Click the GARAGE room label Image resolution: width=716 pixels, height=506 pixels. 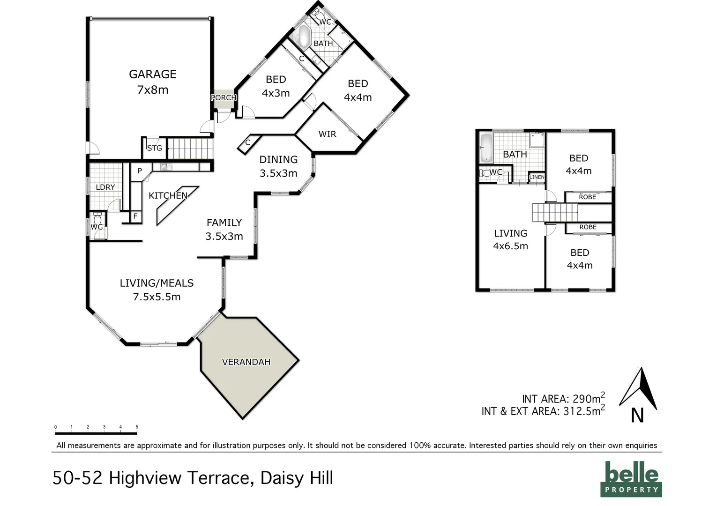pyautogui.click(x=153, y=74)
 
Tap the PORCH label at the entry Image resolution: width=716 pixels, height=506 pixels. pyautogui.click(x=224, y=97)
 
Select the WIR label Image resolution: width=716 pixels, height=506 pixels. pyautogui.click(x=327, y=134)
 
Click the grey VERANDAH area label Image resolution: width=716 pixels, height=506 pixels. pyautogui.click(x=246, y=362)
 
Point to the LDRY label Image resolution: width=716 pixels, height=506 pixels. pyautogui.click(x=105, y=187)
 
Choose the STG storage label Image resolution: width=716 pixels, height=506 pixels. pyautogui.click(x=154, y=148)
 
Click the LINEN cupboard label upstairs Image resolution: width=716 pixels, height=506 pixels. pyautogui.click(x=537, y=177)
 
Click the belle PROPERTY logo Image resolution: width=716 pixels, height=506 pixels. pyautogui.click(x=631, y=479)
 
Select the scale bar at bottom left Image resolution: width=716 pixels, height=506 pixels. pyautogui.click(x=96, y=433)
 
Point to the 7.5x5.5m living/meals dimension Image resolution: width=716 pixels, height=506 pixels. pyautogui.click(x=157, y=297)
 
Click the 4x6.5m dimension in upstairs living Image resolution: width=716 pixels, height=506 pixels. pyautogui.click(x=510, y=246)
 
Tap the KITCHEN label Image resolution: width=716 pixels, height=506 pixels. pyautogui.click(x=168, y=195)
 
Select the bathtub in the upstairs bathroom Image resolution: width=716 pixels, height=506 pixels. pyautogui.click(x=486, y=148)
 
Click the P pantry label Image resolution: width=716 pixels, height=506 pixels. pyautogui.click(x=140, y=171)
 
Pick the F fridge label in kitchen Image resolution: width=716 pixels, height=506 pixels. pyautogui.click(x=135, y=216)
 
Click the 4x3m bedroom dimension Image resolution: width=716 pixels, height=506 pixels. pyautogui.click(x=276, y=93)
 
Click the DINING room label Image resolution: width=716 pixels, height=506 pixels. pyautogui.click(x=278, y=159)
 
